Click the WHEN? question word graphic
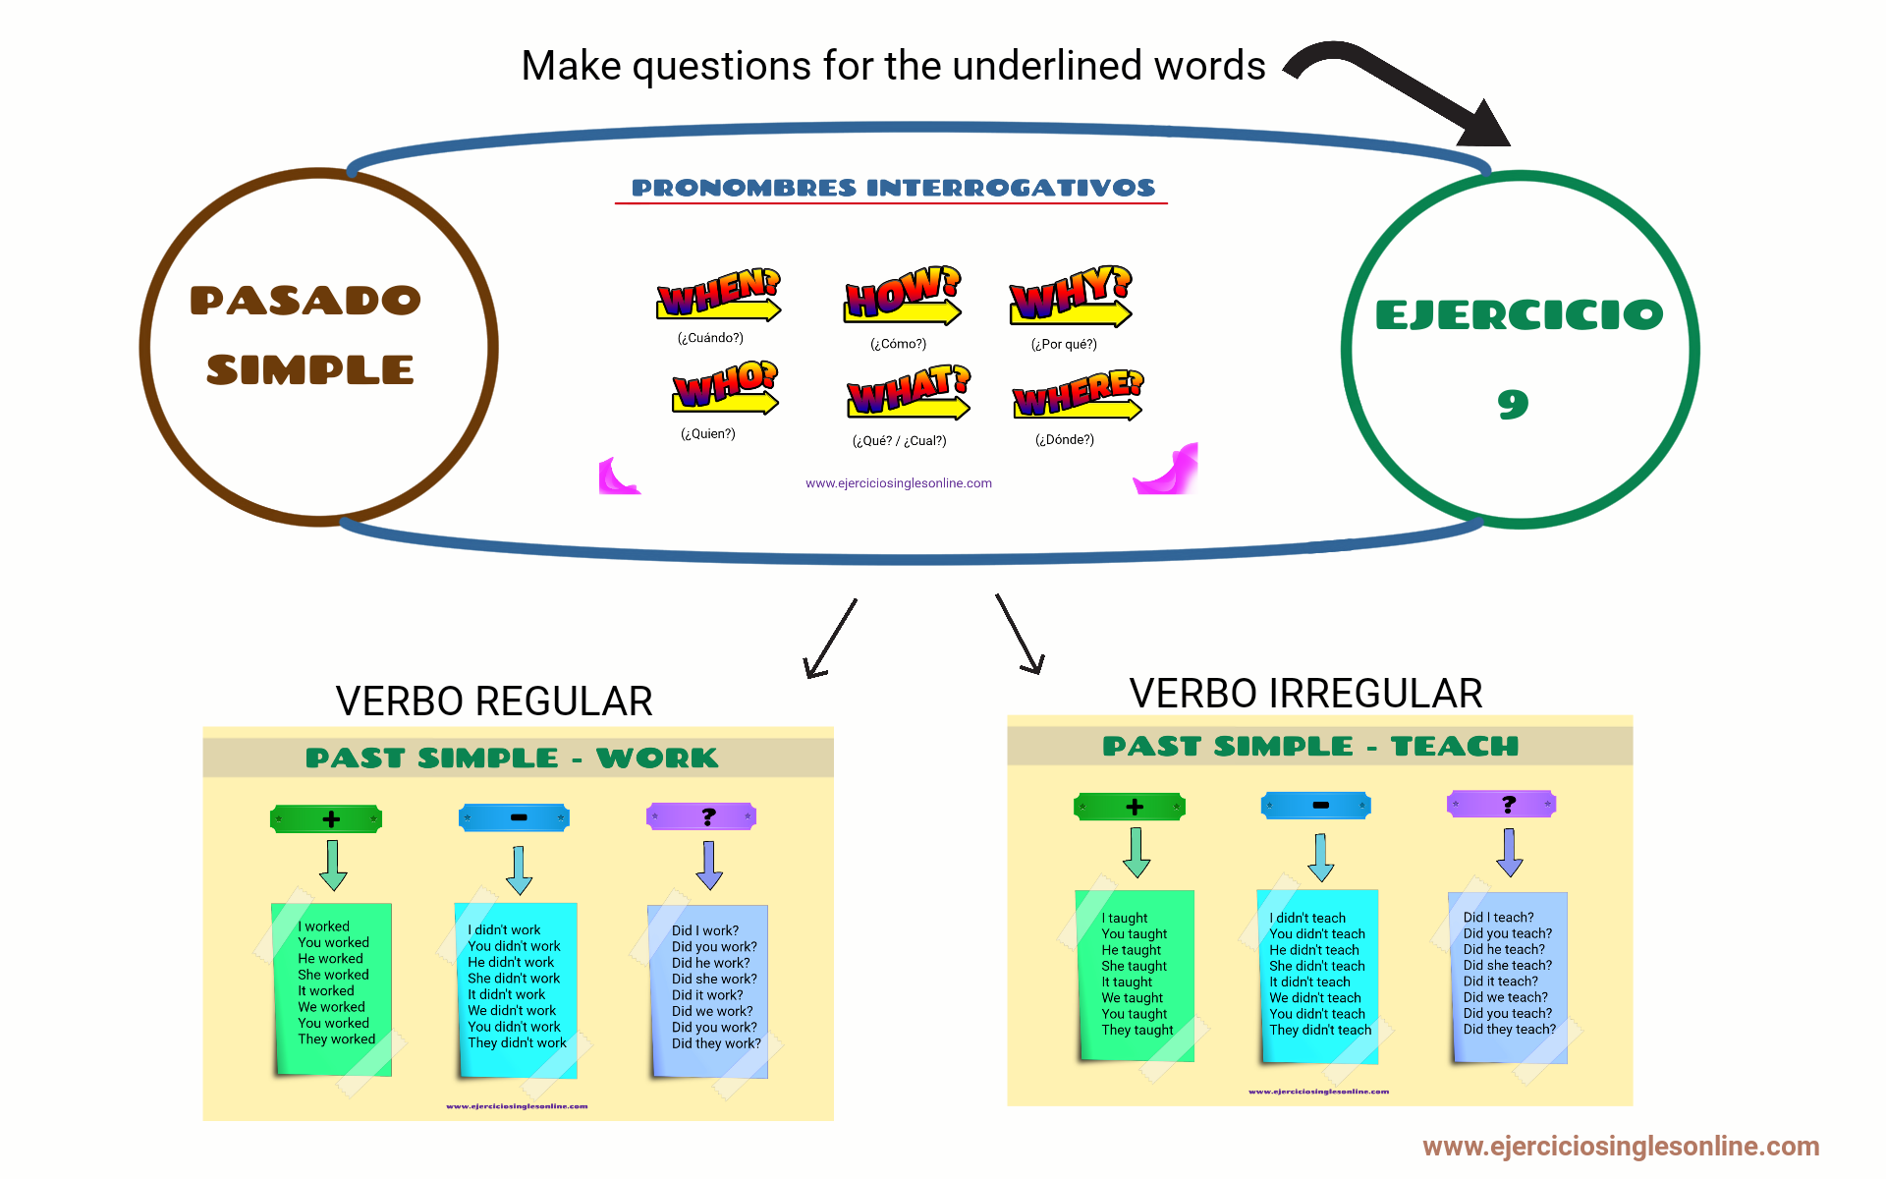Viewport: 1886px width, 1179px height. (x=718, y=295)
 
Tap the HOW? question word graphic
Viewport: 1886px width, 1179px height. (x=903, y=295)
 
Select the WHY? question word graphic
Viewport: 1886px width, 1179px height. (x=1071, y=296)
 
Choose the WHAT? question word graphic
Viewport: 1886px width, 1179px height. (x=909, y=392)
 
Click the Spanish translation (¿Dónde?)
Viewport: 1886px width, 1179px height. (x=1065, y=440)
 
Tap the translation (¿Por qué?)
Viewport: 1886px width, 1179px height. (x=1064, y=344)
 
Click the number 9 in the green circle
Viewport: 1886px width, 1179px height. (x=1513, y=404)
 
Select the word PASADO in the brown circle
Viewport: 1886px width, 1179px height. (x=305, y=301)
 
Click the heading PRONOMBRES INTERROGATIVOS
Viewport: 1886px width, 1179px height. (x=893, y=188)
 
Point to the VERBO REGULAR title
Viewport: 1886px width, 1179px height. (x=494, y=702)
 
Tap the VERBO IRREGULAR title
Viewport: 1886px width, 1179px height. (x=1305, y=694)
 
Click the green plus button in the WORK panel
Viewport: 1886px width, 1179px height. (x=326, y=818)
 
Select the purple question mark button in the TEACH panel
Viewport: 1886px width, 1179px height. (x=1502, y=805)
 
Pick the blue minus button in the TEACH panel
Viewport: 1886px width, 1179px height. (x=1316, y=806)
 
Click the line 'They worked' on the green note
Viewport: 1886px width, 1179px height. (x=337, y=1039)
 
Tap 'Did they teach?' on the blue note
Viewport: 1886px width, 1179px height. (x=1510, y=1030)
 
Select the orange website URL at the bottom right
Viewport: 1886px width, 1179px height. (x=1621, y=1147)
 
